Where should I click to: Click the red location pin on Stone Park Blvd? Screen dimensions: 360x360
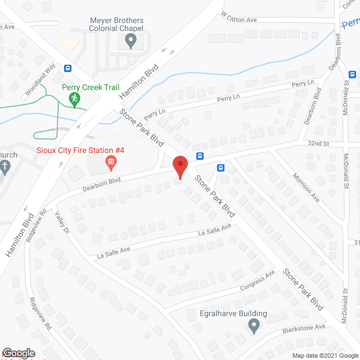(180, 165)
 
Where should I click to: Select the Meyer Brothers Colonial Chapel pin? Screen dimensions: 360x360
(130, 40)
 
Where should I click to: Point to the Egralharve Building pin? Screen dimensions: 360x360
(254, 325)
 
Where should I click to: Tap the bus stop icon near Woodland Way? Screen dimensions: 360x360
(68, 69)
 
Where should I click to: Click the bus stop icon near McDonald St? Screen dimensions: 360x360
(353, 74)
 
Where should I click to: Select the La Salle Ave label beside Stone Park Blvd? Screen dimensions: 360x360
(214, 229)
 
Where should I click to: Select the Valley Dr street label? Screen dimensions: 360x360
(62, 222)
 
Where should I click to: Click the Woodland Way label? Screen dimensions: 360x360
(40, 85)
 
